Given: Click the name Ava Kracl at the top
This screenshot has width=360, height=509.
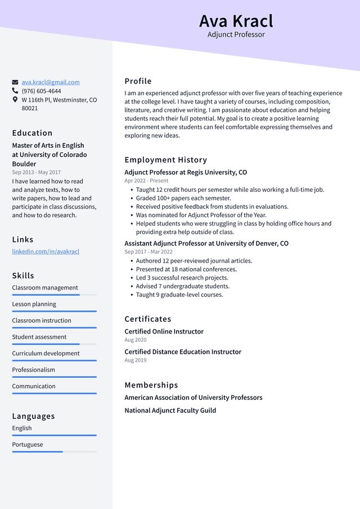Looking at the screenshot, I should [x=236, y=21].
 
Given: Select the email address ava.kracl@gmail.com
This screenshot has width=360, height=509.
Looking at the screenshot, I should [x=51, y=82].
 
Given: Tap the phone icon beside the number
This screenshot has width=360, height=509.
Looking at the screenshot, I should [x=15, y=91].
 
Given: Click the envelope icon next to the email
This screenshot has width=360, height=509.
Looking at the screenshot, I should [x=15, y=82].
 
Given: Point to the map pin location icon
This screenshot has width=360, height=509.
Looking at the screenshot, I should [x=15, y=100].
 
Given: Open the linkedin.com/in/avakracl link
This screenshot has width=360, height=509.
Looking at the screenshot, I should [x=46, y=251].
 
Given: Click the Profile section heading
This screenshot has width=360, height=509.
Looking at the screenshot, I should [x=138, y=81].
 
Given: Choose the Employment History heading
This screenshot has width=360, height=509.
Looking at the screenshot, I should [x=165, y=160].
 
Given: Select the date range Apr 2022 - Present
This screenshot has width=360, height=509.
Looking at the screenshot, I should [x=146, y=181].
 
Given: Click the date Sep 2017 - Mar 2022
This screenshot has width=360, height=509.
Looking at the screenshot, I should [x=148, y=252].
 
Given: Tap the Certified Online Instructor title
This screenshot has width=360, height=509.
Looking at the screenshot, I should [x=164, y=331].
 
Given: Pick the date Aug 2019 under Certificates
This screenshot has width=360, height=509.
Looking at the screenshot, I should [x=135, y=360].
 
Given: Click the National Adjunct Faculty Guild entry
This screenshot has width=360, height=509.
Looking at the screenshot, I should [x=170, y=411].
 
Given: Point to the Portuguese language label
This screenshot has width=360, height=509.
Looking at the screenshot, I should [x=28, y=444].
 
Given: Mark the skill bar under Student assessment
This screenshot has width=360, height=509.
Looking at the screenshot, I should [x=54, y=344].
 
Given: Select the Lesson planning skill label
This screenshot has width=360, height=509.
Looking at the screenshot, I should [x=34, y=304].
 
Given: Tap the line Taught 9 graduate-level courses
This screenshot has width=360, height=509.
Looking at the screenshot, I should [x=179, y=295].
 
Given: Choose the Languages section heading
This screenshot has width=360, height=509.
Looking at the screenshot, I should [x=33, y=416].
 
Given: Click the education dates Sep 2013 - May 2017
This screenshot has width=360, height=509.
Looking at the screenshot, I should [x=36, y=172].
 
